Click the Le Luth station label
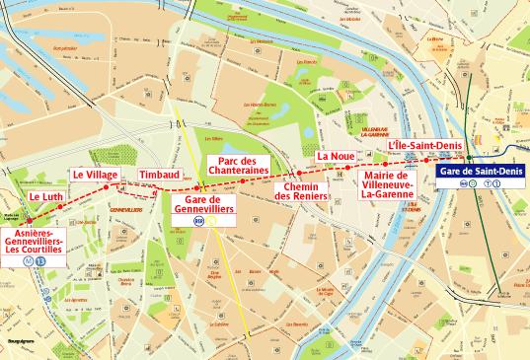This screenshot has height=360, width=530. pos(46,196)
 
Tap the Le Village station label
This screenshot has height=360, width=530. pos(95,175)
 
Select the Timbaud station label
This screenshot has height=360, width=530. pos(160,175)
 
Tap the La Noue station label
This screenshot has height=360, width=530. pos(335,156)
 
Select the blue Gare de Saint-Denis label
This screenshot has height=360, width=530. pos(482,173)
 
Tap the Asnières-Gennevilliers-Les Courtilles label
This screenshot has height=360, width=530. pos(35,236)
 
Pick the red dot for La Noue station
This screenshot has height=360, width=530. pos(347,169)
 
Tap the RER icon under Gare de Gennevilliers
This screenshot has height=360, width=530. pos(199,223)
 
